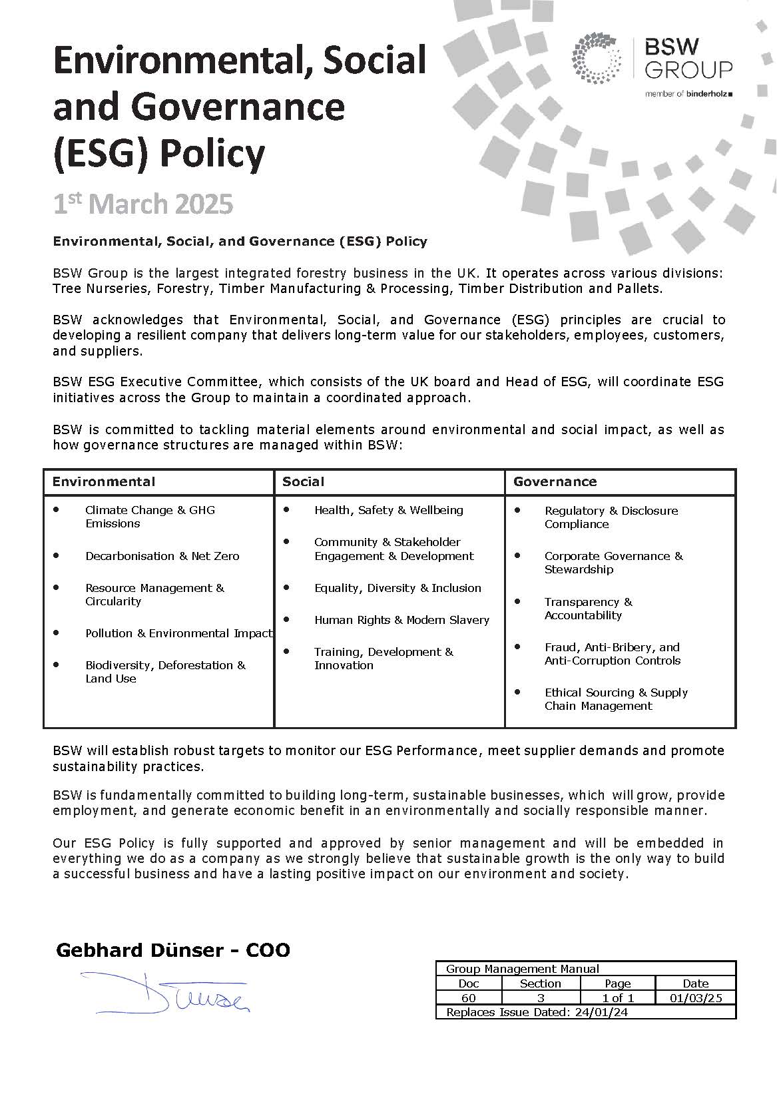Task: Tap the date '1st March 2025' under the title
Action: [143, 204]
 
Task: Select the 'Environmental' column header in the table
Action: [104, 481]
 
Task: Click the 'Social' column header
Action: [304, 481]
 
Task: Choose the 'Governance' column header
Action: [555, 481]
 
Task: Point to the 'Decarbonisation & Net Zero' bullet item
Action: [162, 556]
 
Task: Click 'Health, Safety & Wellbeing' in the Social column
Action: [389, 510]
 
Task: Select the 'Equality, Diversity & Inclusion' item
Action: [397, 588]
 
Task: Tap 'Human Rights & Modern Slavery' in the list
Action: [401, 620]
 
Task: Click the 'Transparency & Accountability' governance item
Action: [588, 609]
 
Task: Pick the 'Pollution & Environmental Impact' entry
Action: [178, 633]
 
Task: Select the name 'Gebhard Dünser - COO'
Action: [173, 950]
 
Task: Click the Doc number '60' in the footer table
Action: [468, 997]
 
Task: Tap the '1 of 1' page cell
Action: [617, 997]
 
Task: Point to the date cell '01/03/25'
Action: [695, 997]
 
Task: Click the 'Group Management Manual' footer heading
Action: [523, 969]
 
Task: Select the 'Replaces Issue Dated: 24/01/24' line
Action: [537, 1012]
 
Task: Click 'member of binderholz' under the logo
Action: [688, 95]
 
